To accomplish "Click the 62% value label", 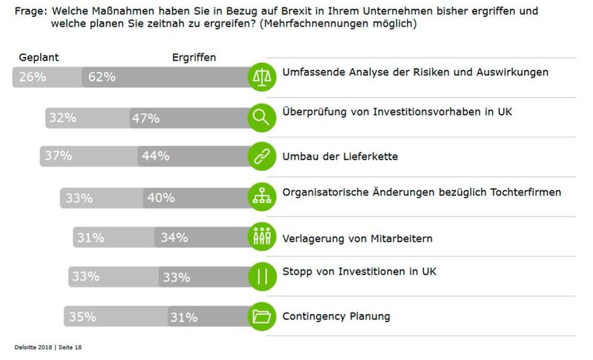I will click(x=102, y=77).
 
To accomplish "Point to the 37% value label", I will click(x=58, y=156).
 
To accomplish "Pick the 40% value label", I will click(x=161, y=198).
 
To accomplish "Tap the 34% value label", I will click(x=174, y=238).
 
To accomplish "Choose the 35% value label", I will click(x=83, y=317).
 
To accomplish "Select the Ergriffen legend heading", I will click(x=194, y=57).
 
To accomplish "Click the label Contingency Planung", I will click(x=336, y=316).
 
